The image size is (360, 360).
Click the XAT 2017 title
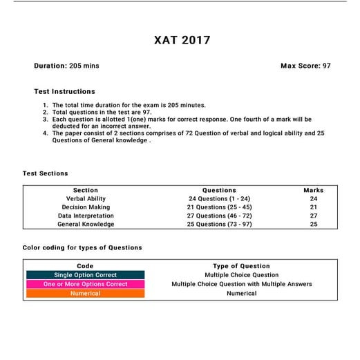[180, 40]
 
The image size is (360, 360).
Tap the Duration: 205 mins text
[66, 66]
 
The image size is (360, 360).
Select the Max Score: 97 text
[310, 66]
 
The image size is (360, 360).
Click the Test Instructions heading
[64, 91]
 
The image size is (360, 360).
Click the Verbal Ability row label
[86, 198]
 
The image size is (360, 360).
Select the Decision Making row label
[86, 207]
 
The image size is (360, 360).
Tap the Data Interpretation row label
[86, 216]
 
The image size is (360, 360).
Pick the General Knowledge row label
[86, 224]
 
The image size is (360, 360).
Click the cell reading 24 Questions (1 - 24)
[219, 198]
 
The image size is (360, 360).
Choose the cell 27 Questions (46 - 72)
[219, 216]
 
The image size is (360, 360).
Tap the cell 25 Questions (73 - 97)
[219, 224]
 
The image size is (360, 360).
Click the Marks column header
[313, 190]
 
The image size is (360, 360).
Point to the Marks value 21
[313, 207]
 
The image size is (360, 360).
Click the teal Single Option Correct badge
[86, 275]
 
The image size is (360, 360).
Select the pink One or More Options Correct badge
[86, 284]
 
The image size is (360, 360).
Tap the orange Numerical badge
[86, 293]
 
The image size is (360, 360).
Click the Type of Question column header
[241, 266]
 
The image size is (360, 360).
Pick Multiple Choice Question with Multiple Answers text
[241, 284]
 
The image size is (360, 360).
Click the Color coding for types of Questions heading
[82, 247]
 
